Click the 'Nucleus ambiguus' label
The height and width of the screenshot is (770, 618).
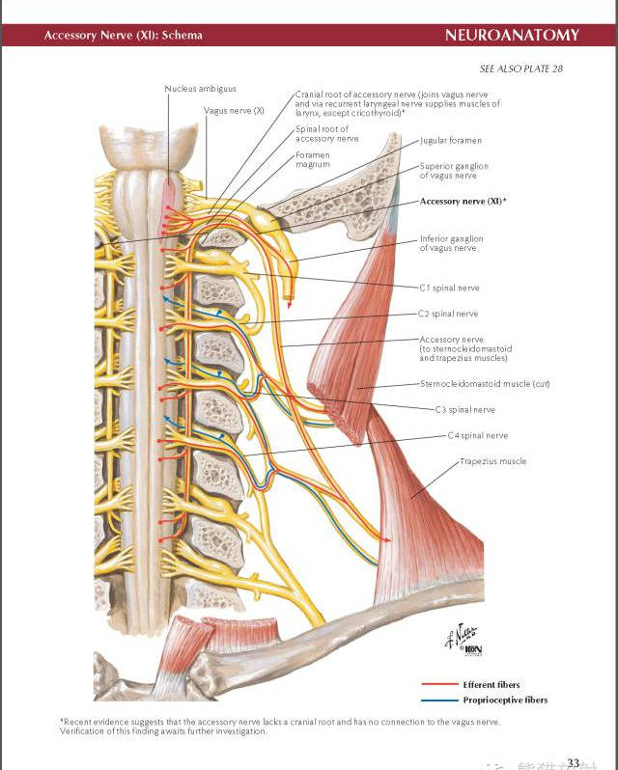(201, 89)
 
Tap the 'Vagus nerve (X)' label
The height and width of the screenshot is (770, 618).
(234, 110)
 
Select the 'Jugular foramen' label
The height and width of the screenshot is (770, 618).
(451, 141)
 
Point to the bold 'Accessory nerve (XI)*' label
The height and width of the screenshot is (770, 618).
(463, 201)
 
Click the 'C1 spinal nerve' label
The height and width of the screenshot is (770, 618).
(449, 288)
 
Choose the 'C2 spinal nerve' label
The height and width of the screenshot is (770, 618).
(448, 314)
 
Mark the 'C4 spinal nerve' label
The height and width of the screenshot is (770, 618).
(477, 435)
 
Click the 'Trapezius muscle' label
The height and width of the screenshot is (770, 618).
(492, 461)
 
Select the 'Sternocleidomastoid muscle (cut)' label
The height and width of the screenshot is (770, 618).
(485, 383)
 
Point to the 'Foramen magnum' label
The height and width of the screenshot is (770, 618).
(313, 159)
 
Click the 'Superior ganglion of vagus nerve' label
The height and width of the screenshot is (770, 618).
(454, 171)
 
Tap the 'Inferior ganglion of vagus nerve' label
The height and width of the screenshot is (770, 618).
(452, 243)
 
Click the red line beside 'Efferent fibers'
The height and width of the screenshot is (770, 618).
(438, 684)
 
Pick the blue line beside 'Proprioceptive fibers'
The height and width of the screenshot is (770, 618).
(438, 700)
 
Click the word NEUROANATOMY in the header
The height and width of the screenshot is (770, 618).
(512, 36)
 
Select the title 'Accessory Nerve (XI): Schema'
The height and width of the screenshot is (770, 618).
(124, 36)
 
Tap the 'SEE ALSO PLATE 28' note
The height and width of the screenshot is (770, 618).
(520, 69)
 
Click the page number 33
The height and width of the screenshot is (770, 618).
(574, 763)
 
